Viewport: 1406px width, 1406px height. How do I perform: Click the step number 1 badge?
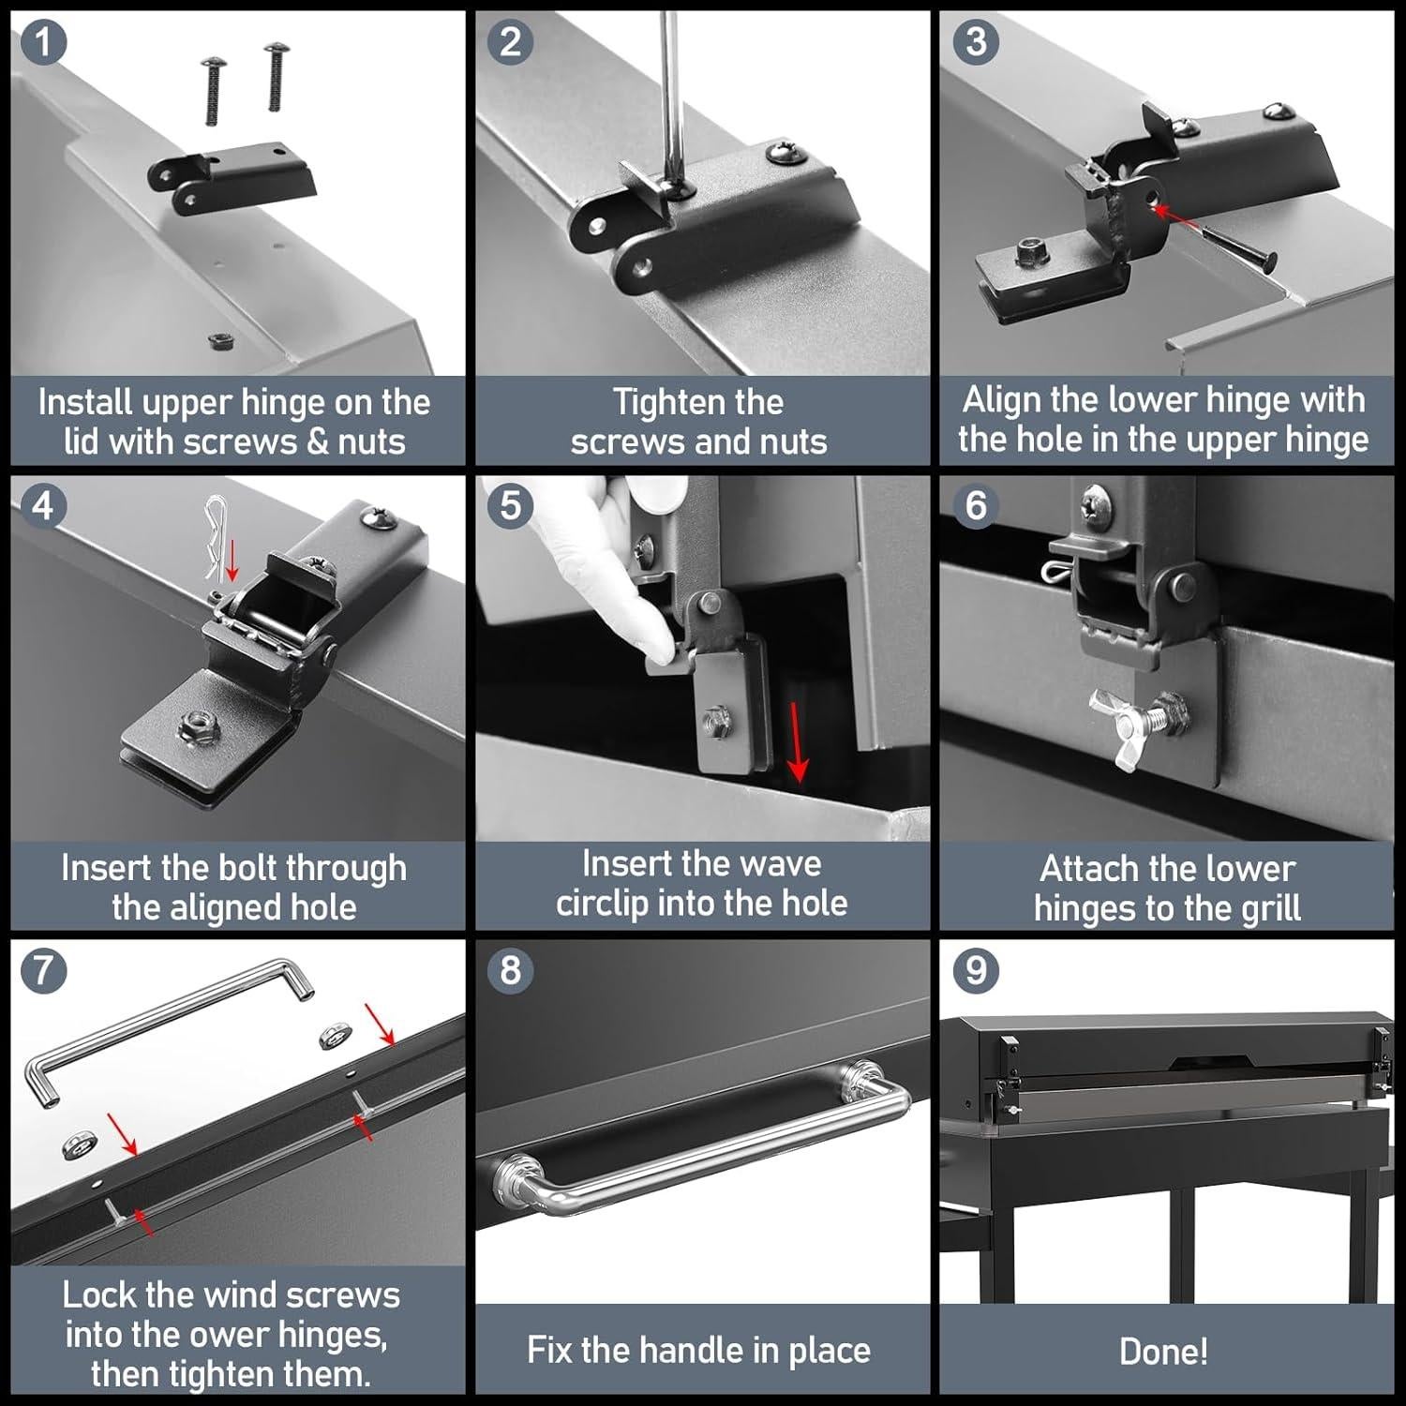(x=43, y=43)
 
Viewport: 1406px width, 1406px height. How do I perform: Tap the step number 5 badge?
(x=510, y=505)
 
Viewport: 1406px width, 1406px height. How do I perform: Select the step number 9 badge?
(x=976, y=970)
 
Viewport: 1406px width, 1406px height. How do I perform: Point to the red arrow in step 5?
(x=796, y=740)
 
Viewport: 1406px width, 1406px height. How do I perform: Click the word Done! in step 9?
(x=1163, y=1351)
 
